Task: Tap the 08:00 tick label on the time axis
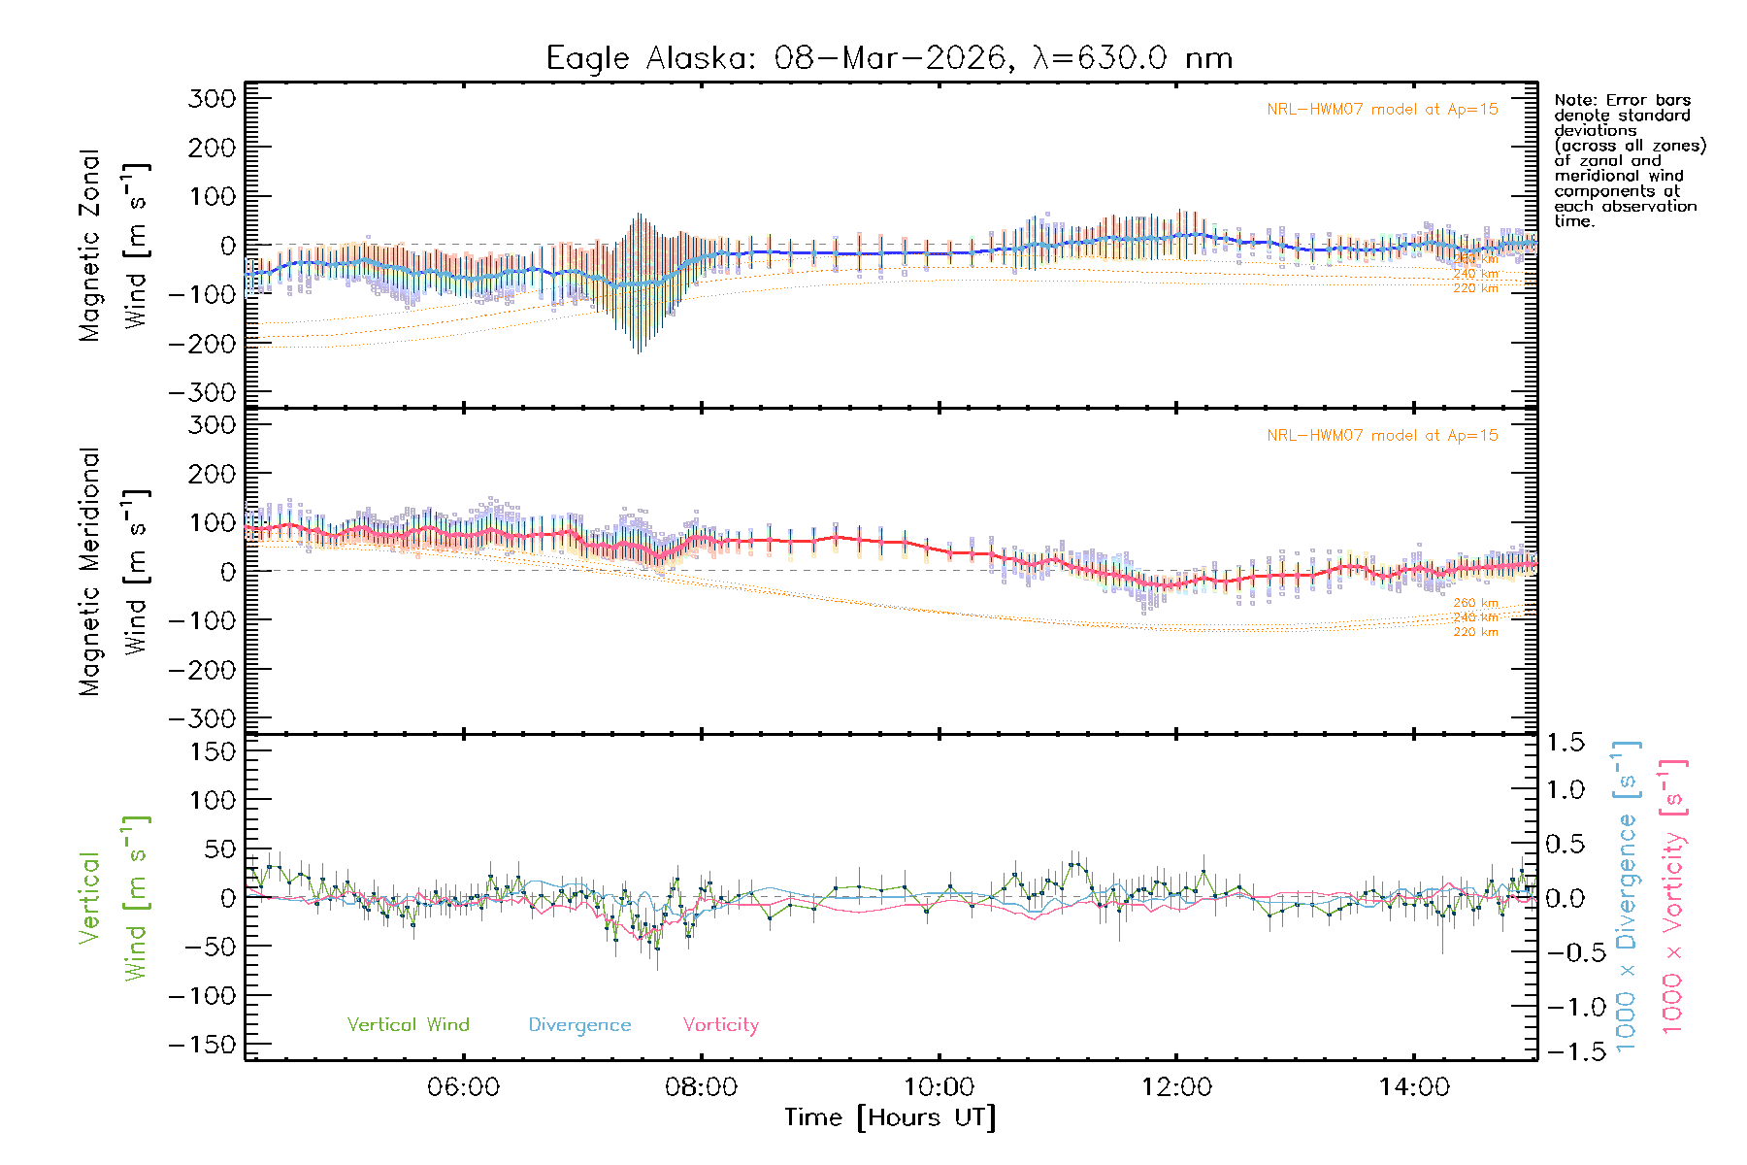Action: pyautogui.click(x=701, y=1087)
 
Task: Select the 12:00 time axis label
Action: pyautogui.click(x=1176, y=1087)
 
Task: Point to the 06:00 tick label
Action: pyautogui.click(x=463, y=1087)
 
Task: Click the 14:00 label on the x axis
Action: pyautogui.click(x=1414, y=1087)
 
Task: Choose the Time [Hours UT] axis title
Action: pyautogui.click(x=890, y=1117)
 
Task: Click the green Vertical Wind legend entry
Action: pyautogui.click(x=408, y=1025)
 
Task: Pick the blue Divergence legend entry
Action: pyautogui.click(x=579, y=1025)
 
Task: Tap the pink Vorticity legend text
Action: pyautogui.click(x=720, y=1025)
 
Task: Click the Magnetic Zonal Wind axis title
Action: pyautogui.click(x=114, y=246)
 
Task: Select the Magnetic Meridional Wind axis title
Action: pyautogui.click(x=114, y=572)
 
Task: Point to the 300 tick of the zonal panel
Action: pyautogui.click(x=212, y=98)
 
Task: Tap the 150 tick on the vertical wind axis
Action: pyautogui.click(x=212, y=751)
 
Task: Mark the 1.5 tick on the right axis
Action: pyautogui.click(x=1566, y=743)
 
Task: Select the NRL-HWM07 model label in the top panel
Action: pyautogui.click(x=1382, y=110)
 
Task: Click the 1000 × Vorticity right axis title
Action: pyautogui.click(x=1673, y=896)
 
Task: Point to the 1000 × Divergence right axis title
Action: pyautogui.click(x=1627, y=896)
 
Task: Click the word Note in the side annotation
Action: pyautogui.click(x=1572, y=100)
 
